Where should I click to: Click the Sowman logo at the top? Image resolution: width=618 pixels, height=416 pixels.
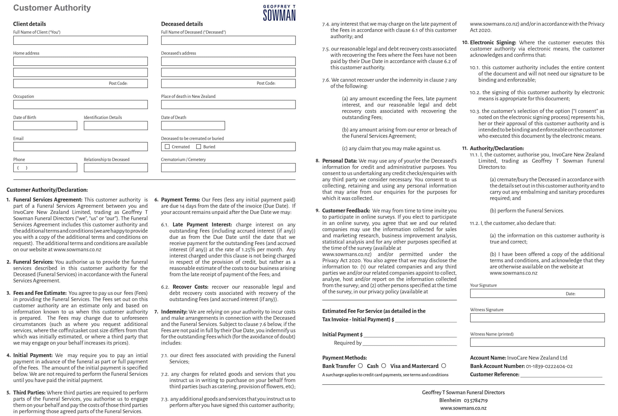tap(279, 13)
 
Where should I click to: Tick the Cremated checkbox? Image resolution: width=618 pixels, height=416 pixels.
tap(167, 147)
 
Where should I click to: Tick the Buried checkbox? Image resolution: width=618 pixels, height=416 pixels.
tap(198, 147)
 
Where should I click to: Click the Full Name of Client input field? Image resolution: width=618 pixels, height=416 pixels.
tap(80, 40)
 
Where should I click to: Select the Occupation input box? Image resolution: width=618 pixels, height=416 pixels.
tap(80, 104)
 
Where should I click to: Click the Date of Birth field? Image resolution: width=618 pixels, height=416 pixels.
tap(45, 125)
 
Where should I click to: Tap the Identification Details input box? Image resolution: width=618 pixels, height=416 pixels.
tap(116, 125)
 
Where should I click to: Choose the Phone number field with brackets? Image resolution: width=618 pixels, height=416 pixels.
tap(45, 168)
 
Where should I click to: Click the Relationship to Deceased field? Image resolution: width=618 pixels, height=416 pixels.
tap(116, 168)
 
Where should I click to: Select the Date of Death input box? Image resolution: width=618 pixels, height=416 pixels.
tap(193, 125)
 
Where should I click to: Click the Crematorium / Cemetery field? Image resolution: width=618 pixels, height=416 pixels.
tap(228, 168)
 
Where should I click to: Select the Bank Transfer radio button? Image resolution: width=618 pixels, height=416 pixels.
tap(360, 366)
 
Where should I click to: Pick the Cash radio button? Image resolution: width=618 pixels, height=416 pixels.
tap(384, 366)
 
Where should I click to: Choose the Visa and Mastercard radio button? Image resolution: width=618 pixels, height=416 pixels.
tap(444, 366)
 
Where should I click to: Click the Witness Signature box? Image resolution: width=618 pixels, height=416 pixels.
tap(537, 318)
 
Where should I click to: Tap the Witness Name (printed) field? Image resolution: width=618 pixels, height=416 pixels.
tap(537, 342)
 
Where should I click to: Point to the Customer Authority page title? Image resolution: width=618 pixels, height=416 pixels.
tap(52, 8)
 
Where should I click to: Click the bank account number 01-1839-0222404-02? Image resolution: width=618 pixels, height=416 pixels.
tap(549, 366)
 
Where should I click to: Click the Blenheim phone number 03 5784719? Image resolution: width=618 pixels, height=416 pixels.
tap(476, 401)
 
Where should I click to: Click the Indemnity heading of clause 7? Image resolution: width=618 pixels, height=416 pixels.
tap(174, 312)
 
